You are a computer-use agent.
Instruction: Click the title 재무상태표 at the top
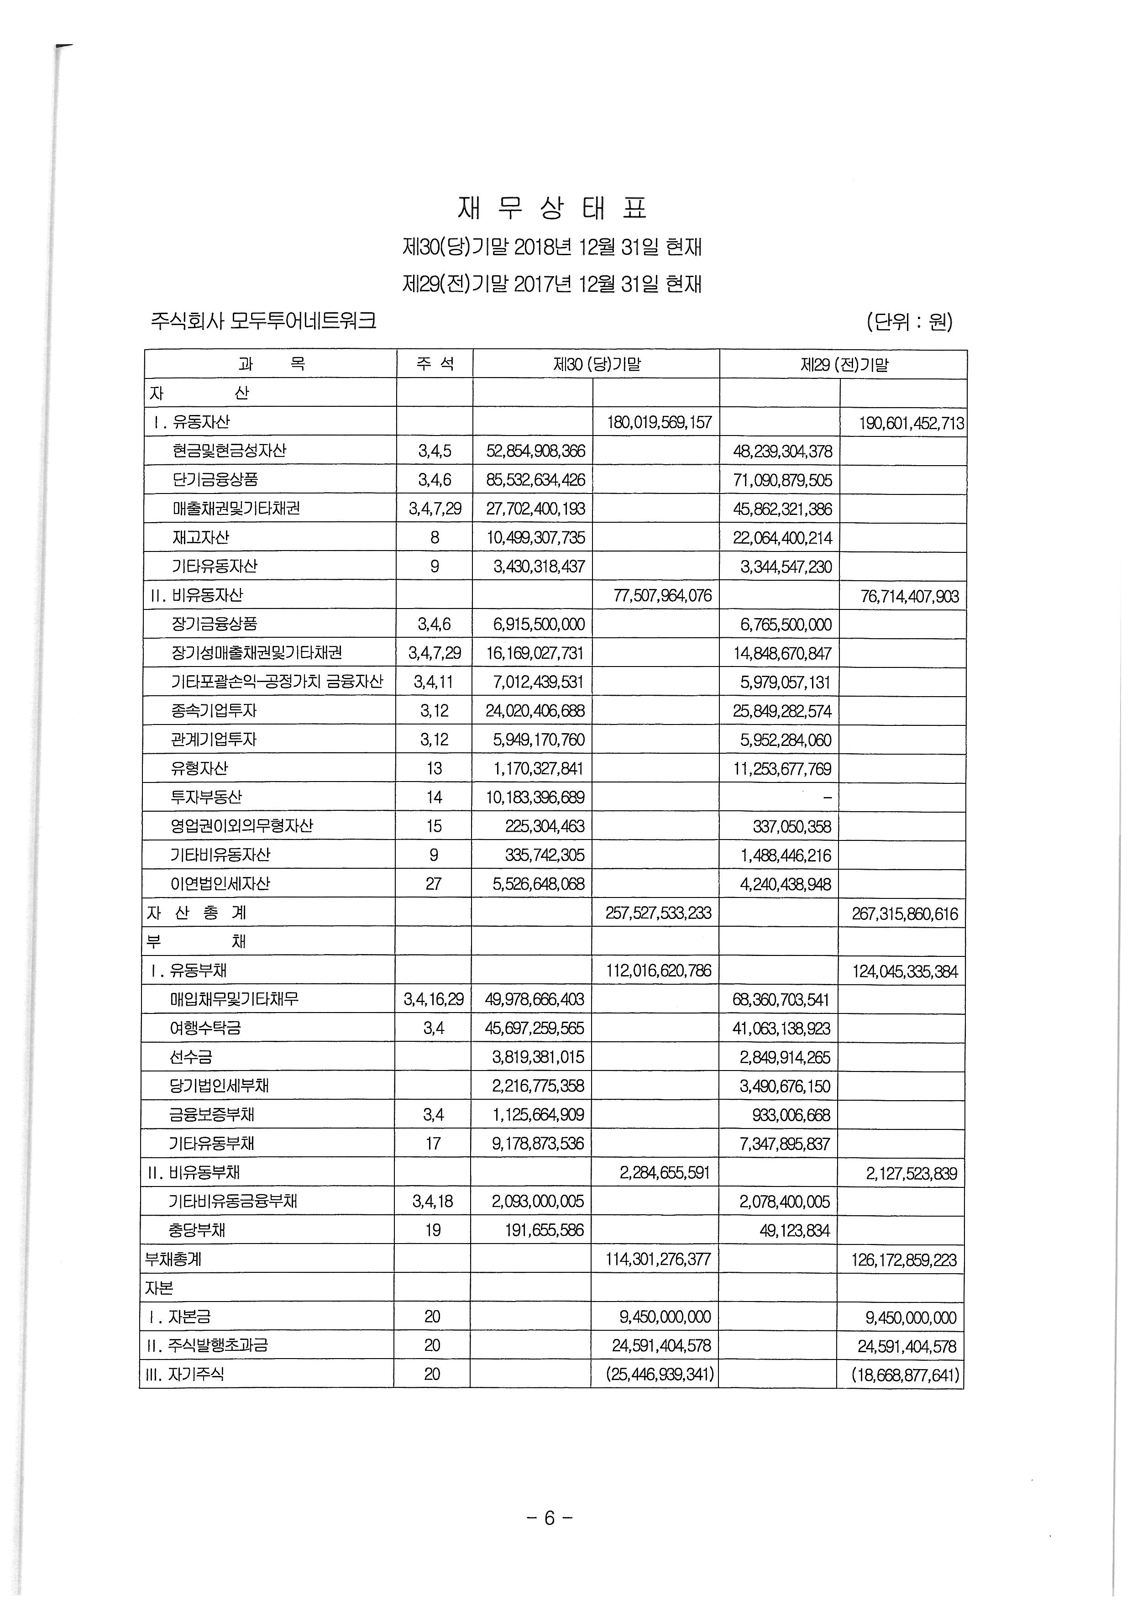click(552, 208)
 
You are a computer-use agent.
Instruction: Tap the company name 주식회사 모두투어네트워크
click(263, 321)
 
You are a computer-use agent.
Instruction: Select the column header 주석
click(434, 364)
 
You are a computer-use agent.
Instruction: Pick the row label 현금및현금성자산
click(229, 451)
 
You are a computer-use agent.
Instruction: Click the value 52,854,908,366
click(535, 451)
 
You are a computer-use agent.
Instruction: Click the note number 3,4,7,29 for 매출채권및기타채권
click(434, 509)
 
